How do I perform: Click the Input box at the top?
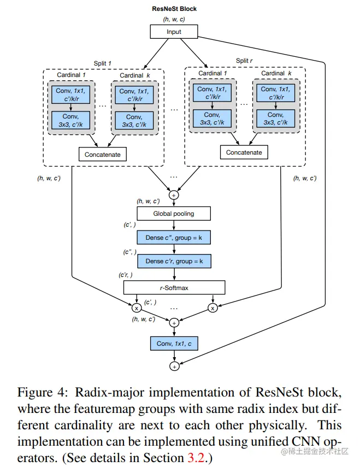coord(174,32)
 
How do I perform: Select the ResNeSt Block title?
coord(174,9)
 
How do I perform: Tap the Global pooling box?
coord(174,214)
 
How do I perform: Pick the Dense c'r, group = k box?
coord(174,262)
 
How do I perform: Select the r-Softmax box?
coord(174,287)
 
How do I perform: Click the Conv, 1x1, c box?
coord(174,344)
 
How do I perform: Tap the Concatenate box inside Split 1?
coord(102,155)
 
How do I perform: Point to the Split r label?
coord(245,61)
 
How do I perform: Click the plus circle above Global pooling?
coord(174,194)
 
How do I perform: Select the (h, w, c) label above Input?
coord(174,20)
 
